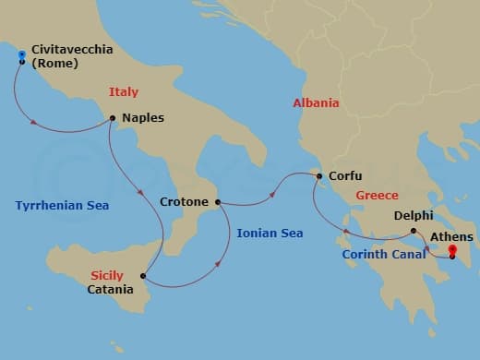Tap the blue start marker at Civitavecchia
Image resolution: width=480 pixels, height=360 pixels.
coord(21,57)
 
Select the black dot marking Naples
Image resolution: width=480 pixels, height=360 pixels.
coord(112,118)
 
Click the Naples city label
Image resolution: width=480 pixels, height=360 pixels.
coord(142,118)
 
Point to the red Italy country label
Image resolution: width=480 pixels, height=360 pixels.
coord(124,92)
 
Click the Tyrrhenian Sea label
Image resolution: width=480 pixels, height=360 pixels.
coord(62,205)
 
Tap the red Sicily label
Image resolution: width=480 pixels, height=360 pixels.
coord(107,275)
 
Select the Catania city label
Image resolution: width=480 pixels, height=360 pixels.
coord(109,289)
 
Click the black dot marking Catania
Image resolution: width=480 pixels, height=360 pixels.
coord(142,275)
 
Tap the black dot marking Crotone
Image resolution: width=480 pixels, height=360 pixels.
coord(218,201)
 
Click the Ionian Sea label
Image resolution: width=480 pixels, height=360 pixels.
coord(269,234)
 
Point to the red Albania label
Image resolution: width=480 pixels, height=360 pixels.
coord(315,103)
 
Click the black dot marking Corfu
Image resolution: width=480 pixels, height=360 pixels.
coord(319,175)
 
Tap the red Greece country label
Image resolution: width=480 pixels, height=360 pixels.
coord(378,196)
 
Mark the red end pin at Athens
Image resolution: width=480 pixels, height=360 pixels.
coord(451,249)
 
